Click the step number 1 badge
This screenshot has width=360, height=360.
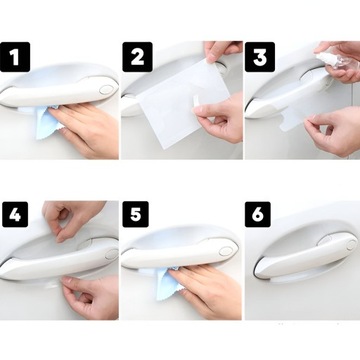click(x=15, y=57)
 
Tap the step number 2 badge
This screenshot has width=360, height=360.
click(x=137, y=57)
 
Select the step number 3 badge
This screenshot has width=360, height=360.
click(x=260, y=57)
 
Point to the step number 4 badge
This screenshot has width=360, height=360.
click(x=15, y=214)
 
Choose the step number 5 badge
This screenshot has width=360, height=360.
click(x=135, y=214)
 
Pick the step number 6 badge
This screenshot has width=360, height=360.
click(x=258, y=214)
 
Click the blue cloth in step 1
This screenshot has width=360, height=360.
click(x=48, y=122)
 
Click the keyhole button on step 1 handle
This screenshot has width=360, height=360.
click(x=106, y=89)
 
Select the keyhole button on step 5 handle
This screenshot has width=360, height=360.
click(x=226, y=251)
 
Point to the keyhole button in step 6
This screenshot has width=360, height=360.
click(x=351, y=245)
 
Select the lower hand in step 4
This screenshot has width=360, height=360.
click(x=88, y=297)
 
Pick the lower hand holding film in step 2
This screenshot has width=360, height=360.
click(x=218, y=118)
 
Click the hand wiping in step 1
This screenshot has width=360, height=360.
click(x=85, y=128)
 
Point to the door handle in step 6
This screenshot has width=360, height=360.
click(x=305, y=255)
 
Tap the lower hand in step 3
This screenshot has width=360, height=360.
click(x=333, y=132)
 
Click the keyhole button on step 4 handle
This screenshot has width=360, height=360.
click(x=112, y=254)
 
